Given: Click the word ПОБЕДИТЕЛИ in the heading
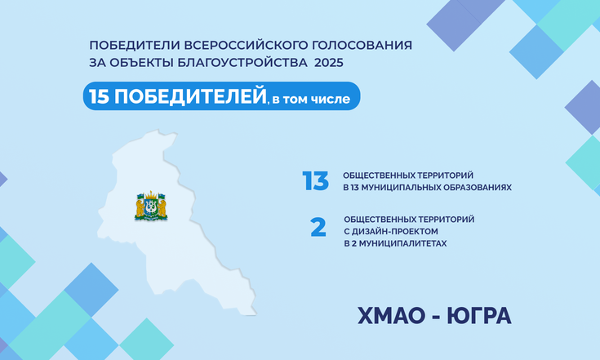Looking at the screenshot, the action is (x=135, y=45).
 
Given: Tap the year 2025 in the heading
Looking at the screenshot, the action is (x=329, y=62).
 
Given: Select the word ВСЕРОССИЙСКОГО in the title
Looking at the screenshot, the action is (x=247, y=45).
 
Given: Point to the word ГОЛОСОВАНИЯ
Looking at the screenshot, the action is (x=362, y=45).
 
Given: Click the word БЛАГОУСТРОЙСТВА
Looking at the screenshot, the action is (x=242, y=62).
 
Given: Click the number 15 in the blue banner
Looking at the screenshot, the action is (x=99, y=96).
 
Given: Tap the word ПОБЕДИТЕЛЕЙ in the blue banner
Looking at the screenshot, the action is (x=190, y=96).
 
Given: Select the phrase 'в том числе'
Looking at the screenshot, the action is (x=311, y=100).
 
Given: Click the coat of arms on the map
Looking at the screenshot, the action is (x=151, y=206).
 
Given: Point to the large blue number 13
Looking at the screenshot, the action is (x=315, y=180).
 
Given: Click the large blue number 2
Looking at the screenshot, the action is (x=318, y=227).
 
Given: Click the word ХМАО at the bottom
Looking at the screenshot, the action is (x=392, y=316).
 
